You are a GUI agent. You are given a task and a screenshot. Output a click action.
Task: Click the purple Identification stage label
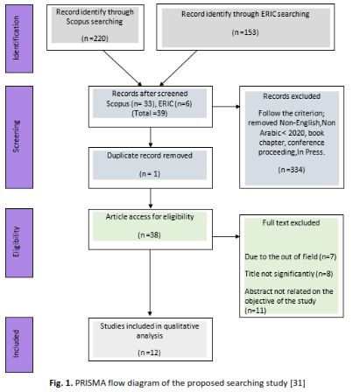(19, 38)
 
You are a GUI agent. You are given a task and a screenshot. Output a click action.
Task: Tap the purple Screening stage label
(19, 137)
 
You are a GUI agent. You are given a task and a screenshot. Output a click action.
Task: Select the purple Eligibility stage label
(19, 242)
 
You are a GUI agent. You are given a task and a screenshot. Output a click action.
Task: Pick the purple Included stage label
(19, 345)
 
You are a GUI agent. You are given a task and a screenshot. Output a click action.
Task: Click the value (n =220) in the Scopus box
(95, 38)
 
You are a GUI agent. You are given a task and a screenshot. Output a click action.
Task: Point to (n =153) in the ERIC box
(245, 32)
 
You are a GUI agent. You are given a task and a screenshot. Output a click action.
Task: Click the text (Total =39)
(150, 113)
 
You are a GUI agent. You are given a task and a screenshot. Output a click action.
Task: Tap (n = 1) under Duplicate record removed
(150, 174)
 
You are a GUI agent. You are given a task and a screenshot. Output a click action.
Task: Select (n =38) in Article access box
(149, 234)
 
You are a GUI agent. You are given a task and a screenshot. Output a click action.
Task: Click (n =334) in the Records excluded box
(292, 170)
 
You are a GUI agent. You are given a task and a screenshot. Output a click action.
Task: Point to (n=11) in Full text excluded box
(256, 311)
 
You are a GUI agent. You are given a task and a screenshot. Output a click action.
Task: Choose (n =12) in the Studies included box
(149, 353)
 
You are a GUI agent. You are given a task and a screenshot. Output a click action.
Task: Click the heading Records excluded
(292, 96)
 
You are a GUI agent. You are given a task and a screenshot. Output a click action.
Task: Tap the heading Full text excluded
(291, 223)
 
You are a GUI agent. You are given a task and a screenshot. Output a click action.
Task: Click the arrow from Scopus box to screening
(123, 68)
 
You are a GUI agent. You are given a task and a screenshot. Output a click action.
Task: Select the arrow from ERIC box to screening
(178, 68)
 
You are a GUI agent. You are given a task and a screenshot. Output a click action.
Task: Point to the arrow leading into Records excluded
(226, 107)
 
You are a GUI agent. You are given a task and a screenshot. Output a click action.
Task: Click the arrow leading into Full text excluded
(226, 236)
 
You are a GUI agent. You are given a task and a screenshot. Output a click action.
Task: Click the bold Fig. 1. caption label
(60, 382)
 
